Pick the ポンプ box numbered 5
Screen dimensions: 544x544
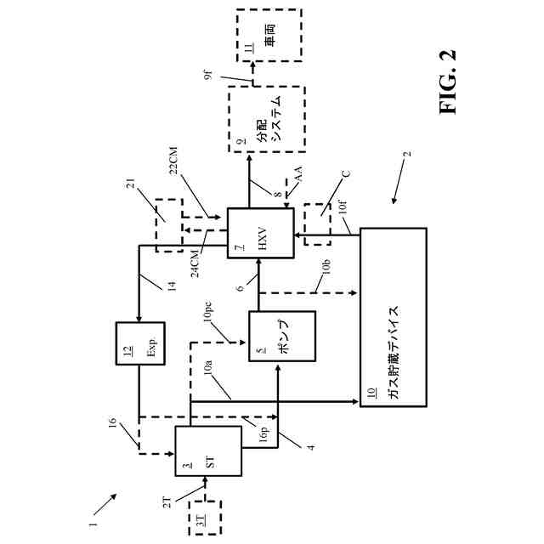point(281,348)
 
